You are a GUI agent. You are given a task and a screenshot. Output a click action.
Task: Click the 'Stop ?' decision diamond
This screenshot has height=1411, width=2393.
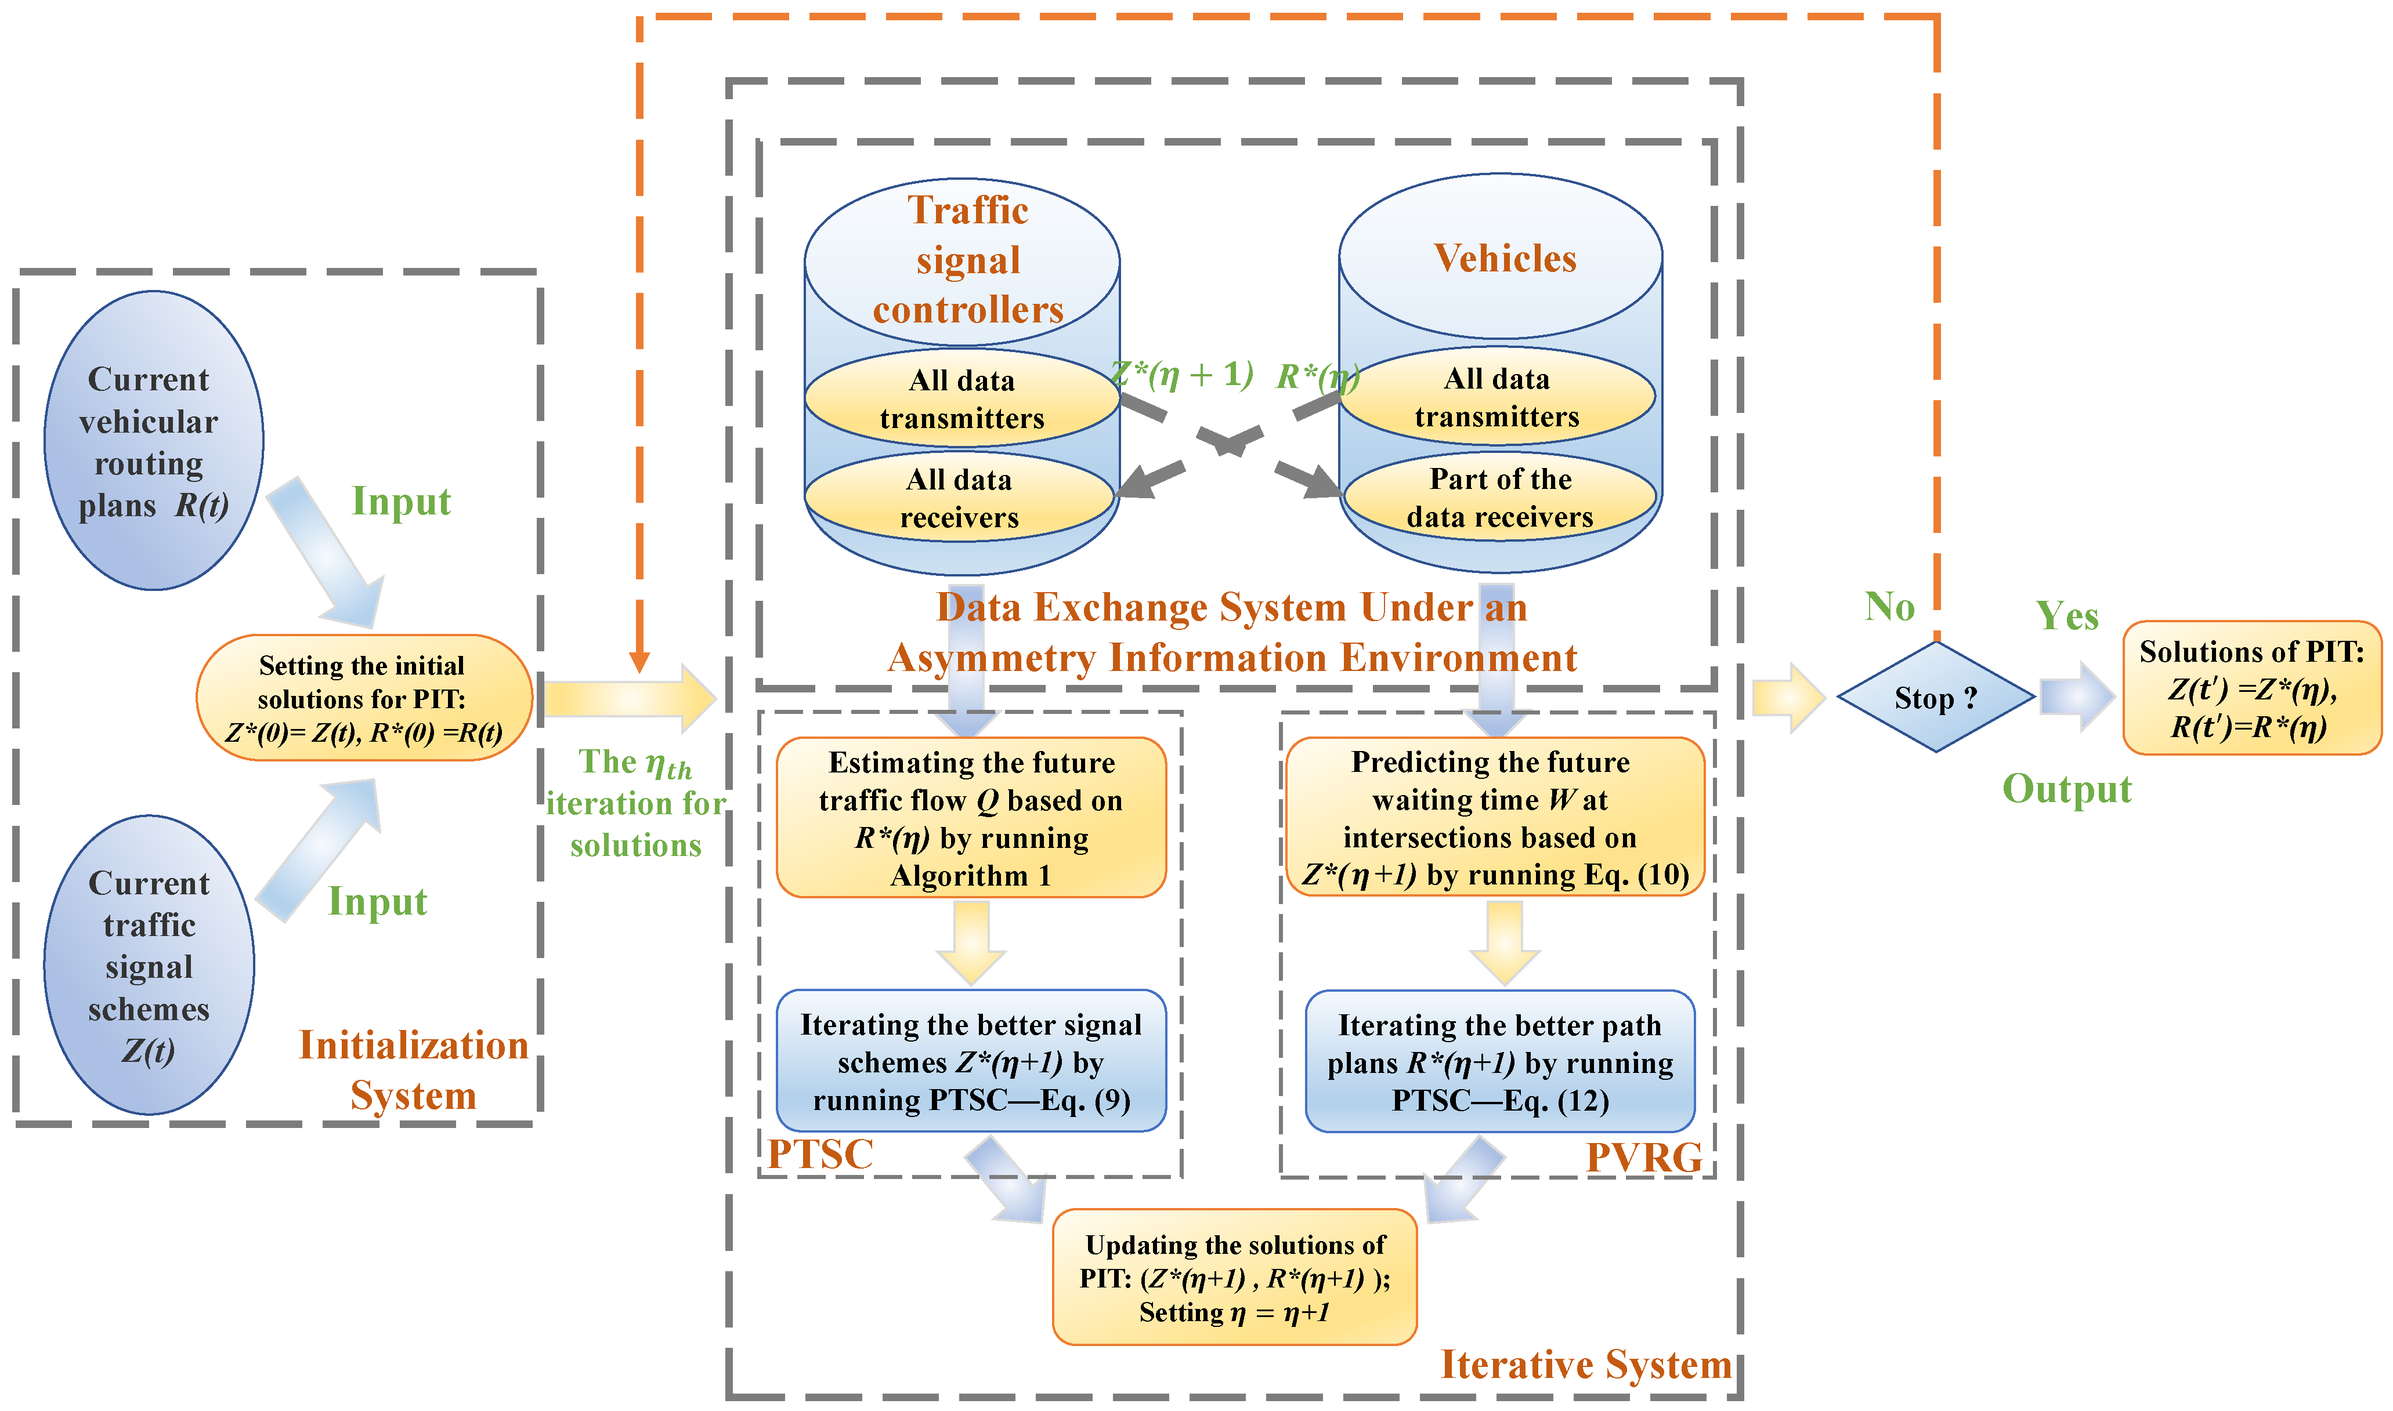pos(1936,697)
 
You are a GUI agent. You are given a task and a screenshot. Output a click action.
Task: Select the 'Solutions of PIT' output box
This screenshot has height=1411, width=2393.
pos(2251,687)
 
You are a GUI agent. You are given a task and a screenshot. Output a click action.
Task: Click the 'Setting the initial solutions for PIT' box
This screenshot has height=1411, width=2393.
pos(364,698)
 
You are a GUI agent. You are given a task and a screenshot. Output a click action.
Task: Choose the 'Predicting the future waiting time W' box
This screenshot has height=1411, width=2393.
pos(1494,817)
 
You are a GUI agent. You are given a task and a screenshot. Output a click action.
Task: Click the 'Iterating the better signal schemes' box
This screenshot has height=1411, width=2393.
pos(971,1061)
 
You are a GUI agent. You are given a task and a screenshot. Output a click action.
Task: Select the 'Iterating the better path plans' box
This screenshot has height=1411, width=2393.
pos(1500,1061)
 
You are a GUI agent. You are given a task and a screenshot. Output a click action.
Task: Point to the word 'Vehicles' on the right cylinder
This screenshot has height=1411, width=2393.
pos(1505,257)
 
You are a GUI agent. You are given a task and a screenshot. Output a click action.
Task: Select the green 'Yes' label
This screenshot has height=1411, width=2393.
pos(2067,615)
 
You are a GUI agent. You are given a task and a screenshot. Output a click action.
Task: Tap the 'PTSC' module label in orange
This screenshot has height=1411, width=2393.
pos(820,1154)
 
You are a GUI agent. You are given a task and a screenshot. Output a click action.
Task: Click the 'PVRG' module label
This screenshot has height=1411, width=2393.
pos(1643,1157)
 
